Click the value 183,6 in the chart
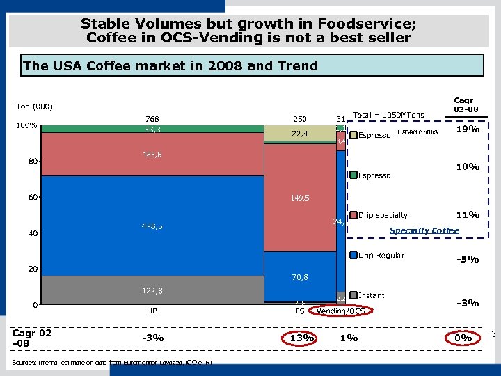pyautogui.click(x=152, y=155)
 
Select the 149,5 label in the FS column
pyautogui.click(x=300, y=198)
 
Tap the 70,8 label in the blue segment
pyautogui.click(x=300, y=277)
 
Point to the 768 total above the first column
pyautogui.click(x=152, y=118)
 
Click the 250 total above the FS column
pyautogui.click(x=300, y=118)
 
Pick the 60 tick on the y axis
pyautogui.click(x=33, y=197)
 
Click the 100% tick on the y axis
pyautogui.click(x=27, y=126)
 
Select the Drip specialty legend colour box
pyautogui.click(x=353, y=215)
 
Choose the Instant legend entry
pyautogui.click(x=371, y=295)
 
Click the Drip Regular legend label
pyautogui.click(x=381, y=256)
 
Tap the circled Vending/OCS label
pyautogui.click(x=341, y=311)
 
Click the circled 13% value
pyautogui.click(x=300, y=338)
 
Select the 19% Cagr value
pyautogui.click(x=467, y=129)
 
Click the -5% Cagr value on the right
pyautogui.click(x=467, y=259)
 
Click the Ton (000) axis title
pyautogui.click(x=35, y=107)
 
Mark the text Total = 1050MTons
pyautogui.click(x=388, y=114)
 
